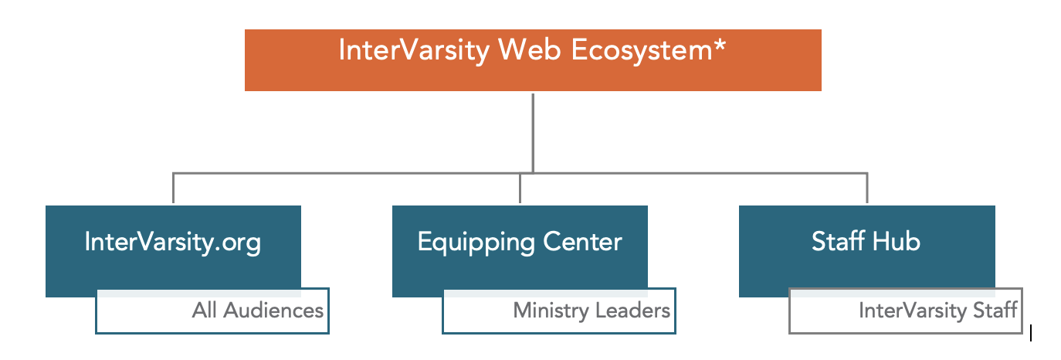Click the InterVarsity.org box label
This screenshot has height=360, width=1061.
(173, 243)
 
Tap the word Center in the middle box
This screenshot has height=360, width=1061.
(585, 243)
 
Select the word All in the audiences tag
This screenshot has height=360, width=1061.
(205, 311)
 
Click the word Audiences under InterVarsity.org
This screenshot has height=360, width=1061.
(273, 311)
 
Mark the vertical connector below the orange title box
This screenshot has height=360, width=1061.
(533, 131)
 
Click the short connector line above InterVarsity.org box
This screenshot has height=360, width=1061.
(173, 188)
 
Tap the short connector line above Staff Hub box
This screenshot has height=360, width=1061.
(867, 188)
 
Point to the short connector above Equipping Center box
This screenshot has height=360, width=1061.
(520, 188)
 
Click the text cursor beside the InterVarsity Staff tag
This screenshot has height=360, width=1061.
(1031, 333)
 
